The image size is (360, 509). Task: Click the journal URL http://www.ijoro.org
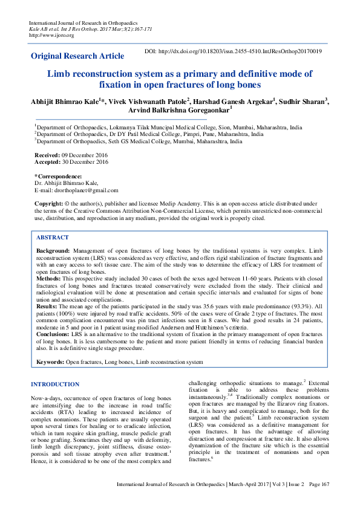51,35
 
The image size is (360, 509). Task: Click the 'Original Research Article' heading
78,56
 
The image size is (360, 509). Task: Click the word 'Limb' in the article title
59,74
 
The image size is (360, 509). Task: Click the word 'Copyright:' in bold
50,204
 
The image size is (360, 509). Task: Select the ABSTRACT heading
53,238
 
